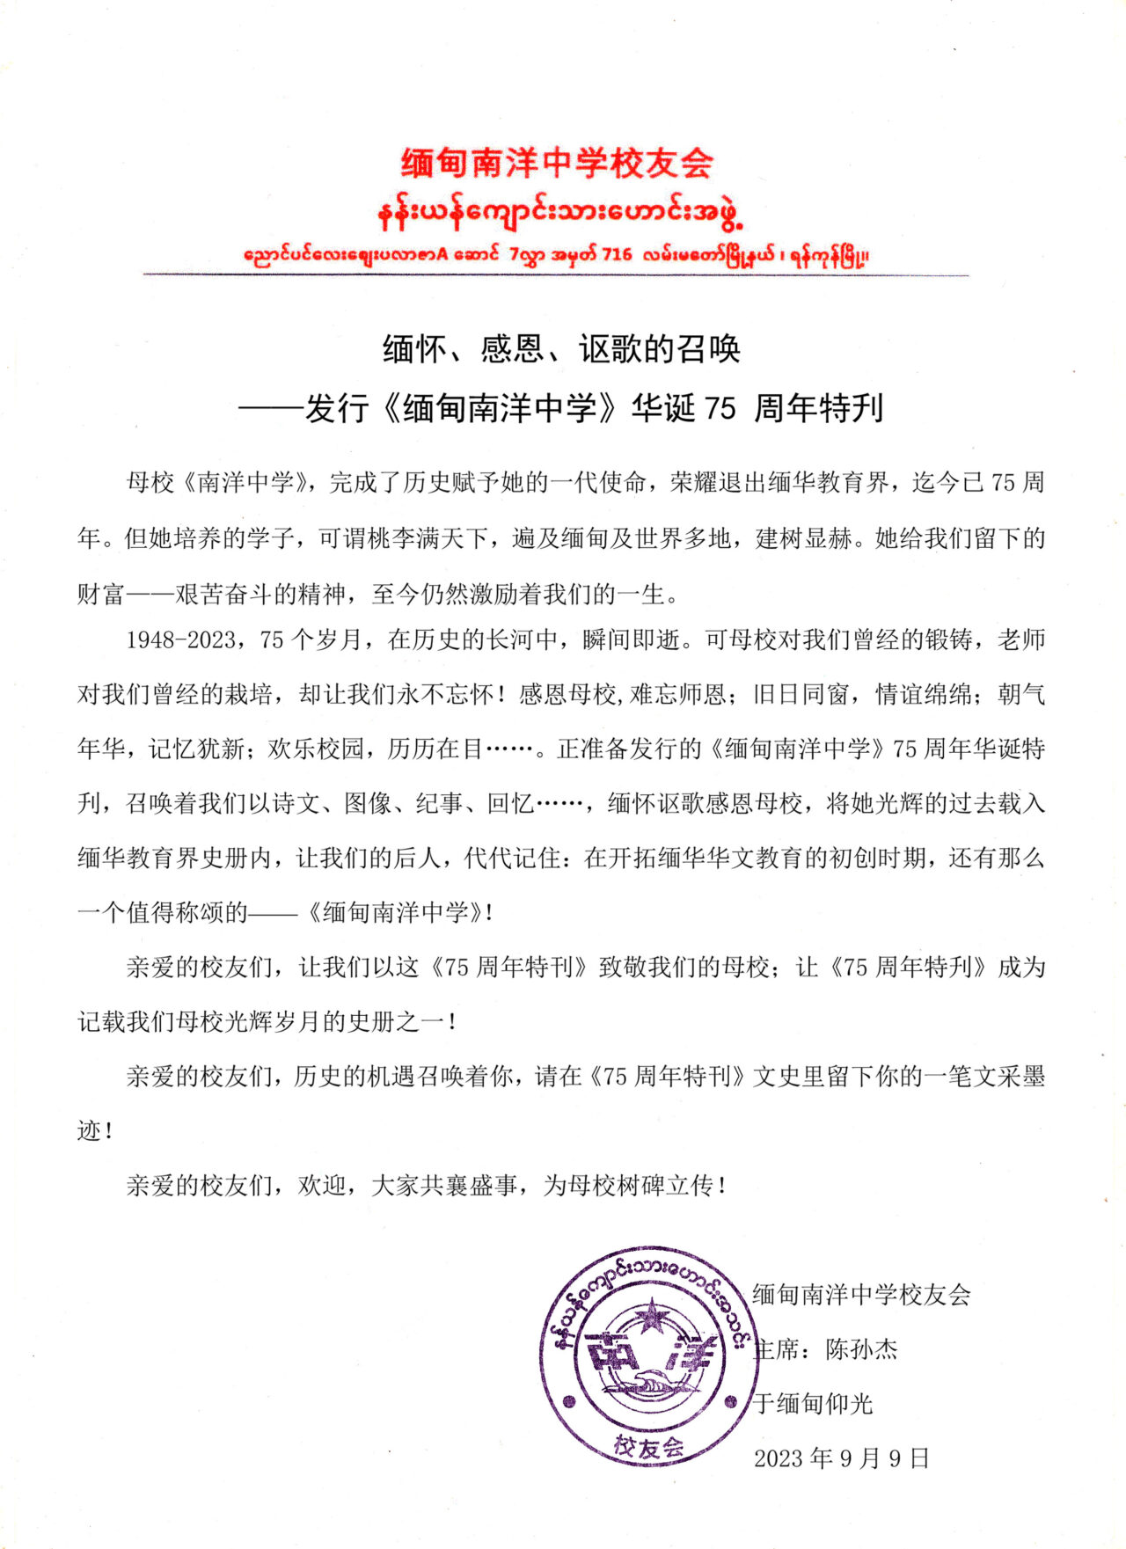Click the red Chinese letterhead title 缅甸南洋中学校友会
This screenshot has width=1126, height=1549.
(x=558, y=164)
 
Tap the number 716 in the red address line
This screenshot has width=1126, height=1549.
(x=617, y=255)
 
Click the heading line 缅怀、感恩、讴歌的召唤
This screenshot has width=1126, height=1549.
(x=561, y=349)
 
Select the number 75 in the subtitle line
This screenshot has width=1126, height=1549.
(x=720, y=408)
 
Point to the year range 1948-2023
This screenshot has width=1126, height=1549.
(x=179, y=640)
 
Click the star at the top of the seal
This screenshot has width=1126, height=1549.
(x=651, y=1317)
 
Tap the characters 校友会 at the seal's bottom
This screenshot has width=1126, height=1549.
(x=649, y=1445)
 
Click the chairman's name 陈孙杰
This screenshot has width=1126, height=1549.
(x=861, y=1349)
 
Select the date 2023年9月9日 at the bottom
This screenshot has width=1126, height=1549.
(x=842, y=1458)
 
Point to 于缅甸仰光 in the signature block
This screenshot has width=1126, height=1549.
(x=813, y=1404)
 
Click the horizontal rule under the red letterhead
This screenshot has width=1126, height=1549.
(x=556, y=275)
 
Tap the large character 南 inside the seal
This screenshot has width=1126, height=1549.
(x=612, y=1355)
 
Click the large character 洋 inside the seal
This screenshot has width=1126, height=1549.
(x=691, y=1354)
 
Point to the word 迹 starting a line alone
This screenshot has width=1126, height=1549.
(x=90, y=1131)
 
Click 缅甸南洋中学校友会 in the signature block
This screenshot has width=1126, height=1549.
(x=861, y=1295)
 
